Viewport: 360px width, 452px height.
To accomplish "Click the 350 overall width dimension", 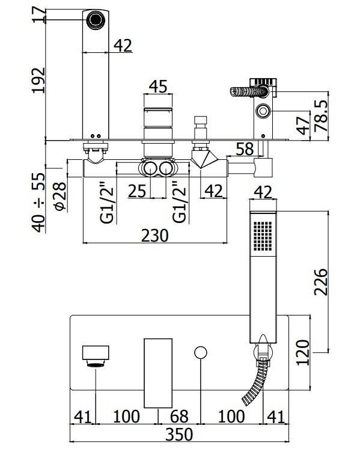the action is (x=179, y=435).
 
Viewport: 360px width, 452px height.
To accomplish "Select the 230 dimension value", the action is (x=154, y=236).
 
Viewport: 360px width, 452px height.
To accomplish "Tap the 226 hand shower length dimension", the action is (x=321, y=282).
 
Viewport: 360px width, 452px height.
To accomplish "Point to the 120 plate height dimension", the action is (x=303, y=353).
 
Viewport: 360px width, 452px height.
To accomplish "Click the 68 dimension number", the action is (x=179, y=417).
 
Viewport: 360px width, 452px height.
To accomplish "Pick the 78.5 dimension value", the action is (x=322, y=116).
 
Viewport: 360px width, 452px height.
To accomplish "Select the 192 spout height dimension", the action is (x=38, y=80).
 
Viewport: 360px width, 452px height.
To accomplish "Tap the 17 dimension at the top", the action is (x=39, y=15).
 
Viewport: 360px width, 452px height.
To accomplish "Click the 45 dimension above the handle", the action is (x=158, y=86).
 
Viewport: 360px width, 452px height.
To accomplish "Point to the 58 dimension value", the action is (x=245, y=148).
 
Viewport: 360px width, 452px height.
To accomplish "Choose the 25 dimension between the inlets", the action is (x=137, y=191).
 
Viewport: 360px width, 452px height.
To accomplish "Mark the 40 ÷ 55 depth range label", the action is (x=38, y=203).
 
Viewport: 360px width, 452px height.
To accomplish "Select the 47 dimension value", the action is (x=303, y=126).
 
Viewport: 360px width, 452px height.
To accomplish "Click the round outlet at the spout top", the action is (x=96, y=20).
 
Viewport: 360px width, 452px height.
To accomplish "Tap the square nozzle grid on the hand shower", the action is (x=263, y=236).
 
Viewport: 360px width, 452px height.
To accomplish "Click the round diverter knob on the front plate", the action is (x=201, y=353).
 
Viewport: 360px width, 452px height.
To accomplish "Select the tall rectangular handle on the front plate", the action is (x=158, y=373).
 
